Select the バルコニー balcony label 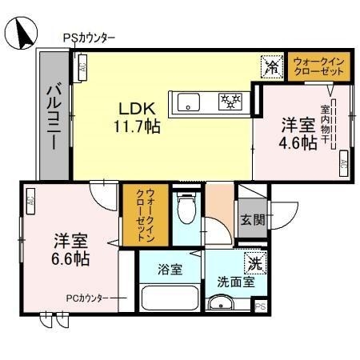tap(53, 117)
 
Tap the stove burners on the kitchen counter tap(230, 101)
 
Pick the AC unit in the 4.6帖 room tap(342, 165)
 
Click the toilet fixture tap(186, 210)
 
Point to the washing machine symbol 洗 tap(254, 261)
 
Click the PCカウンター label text tap(86, 298)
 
